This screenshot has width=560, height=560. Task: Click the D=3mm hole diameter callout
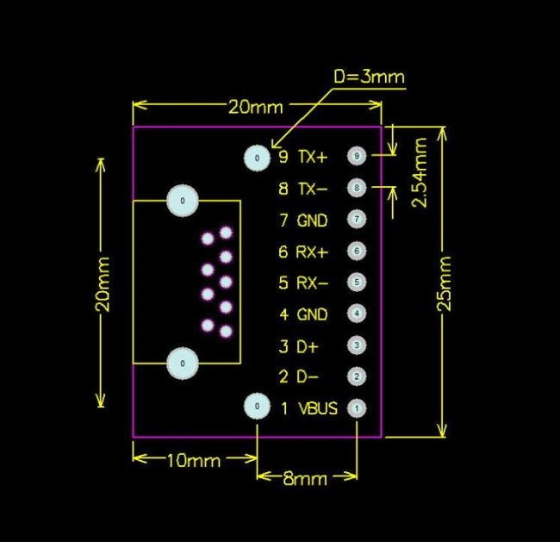pos(369,78)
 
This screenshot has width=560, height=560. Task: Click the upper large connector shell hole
pos(183,200)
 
